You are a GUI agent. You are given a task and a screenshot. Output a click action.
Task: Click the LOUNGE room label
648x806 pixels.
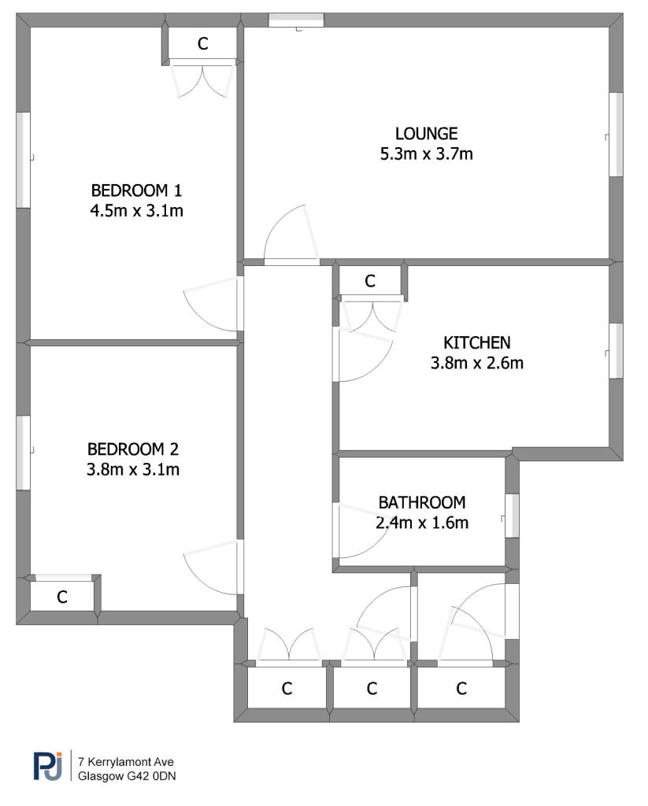(x=426, y=134)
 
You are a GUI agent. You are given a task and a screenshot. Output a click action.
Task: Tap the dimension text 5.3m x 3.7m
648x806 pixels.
(x=426, y=153)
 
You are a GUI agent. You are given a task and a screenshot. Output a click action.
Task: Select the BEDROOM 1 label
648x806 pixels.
(x=136, y=190)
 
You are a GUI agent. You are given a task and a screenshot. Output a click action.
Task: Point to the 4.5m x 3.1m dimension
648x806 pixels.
(x=136, y=211)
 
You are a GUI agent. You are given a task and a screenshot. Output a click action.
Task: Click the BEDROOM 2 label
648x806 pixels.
(x=133, y=449)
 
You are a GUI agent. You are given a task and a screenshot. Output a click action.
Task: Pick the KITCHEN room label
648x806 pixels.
(x=476, y=343)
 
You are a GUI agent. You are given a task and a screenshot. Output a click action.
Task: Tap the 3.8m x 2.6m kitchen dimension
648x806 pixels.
(x=476, y=363)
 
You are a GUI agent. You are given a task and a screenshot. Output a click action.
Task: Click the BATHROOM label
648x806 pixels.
(x=422, y=502)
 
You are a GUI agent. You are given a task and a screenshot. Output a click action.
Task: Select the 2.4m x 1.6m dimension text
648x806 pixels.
(x=422, y=523)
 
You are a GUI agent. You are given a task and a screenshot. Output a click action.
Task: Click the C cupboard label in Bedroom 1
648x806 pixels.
(x=202, y=44)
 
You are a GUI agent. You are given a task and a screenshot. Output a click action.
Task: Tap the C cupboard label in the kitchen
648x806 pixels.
(x=370, y=281)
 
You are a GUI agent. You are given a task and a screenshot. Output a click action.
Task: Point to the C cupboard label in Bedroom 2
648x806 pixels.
(x=61, y=597)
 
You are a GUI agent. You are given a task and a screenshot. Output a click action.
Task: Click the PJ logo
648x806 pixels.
(x=48, y=765)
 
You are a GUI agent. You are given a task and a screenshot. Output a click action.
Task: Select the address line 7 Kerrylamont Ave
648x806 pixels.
(x=126, y=762)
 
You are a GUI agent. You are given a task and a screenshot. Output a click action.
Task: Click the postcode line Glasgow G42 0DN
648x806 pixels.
(x=127, y=776)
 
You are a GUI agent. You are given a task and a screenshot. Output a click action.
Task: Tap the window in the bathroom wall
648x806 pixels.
(x=513, y=516)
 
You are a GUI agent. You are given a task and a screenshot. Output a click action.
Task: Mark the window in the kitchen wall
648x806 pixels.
(x=617, y=351)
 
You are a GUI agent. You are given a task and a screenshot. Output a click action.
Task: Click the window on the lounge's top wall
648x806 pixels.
(x=296, y=20)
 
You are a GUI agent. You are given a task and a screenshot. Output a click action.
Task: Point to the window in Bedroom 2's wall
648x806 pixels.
(x=23, y=453)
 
